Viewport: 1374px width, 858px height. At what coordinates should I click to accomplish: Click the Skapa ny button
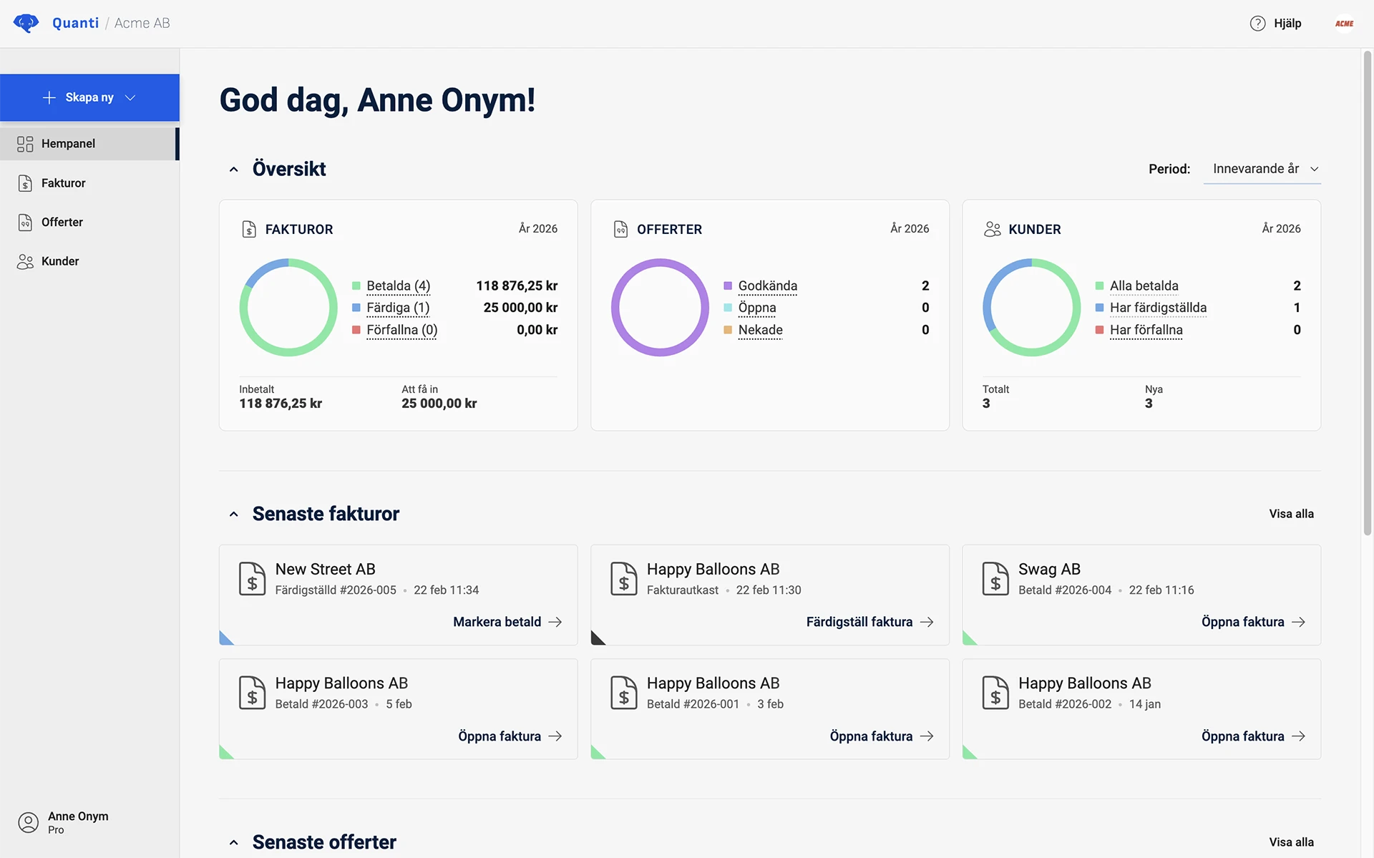point(89,97)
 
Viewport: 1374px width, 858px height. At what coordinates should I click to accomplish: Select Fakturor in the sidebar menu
point(63,183)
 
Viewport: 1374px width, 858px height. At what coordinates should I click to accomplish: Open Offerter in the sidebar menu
point(62,223)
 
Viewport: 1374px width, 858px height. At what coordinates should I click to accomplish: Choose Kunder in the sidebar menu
point(60,261)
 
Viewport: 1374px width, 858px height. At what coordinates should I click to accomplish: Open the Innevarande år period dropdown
point(1262,169)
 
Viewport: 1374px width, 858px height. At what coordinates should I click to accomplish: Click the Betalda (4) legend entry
point(398,286)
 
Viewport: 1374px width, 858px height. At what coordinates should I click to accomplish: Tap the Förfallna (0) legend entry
point(401,330)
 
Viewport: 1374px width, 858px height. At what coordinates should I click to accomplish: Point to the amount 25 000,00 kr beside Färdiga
point(520,308)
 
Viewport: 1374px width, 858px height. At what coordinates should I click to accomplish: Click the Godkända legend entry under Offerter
point(767,286)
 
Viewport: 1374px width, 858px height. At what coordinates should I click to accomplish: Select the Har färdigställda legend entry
point(1157,308)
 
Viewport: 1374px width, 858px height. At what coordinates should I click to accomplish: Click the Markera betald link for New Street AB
point(507,622)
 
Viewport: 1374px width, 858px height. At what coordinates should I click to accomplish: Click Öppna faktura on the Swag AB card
point(1252,622)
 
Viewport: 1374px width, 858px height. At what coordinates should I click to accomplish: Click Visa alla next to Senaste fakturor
point(1291,514)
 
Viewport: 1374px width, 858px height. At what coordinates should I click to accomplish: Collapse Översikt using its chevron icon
point(233,170)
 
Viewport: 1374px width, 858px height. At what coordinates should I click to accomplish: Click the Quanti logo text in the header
point(75,23)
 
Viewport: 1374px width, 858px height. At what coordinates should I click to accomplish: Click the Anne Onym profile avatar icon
point(28,822)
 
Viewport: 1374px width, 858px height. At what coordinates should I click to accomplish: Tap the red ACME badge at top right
point(1344,24)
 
